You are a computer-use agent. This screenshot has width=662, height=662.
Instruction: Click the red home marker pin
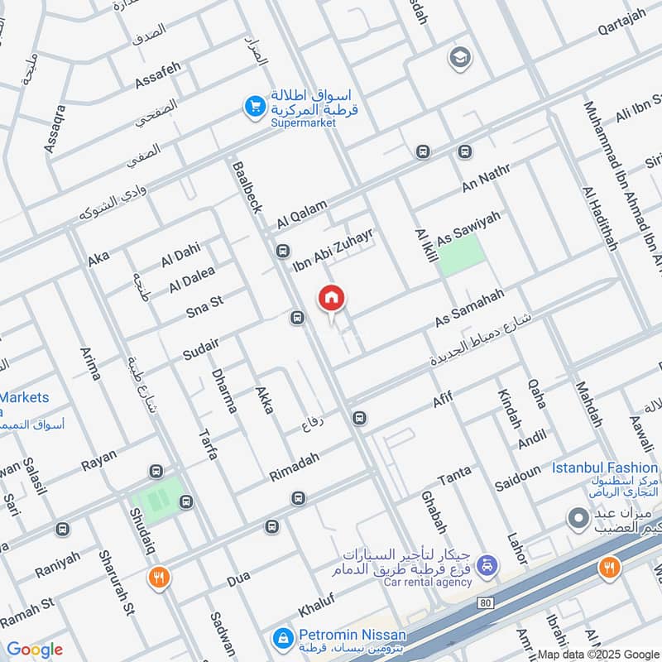pos(332,299)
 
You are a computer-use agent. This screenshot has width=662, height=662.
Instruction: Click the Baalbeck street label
pos(247,185)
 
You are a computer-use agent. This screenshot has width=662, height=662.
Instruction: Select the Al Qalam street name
pos(303,214)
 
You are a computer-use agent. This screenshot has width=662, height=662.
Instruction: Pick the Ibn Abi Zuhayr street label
pos(334,251)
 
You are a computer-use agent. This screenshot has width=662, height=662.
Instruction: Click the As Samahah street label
pos(468,313)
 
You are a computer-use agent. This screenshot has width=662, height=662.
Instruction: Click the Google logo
pos(35,650)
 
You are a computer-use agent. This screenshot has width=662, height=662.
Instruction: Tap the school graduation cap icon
pos(458,58)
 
